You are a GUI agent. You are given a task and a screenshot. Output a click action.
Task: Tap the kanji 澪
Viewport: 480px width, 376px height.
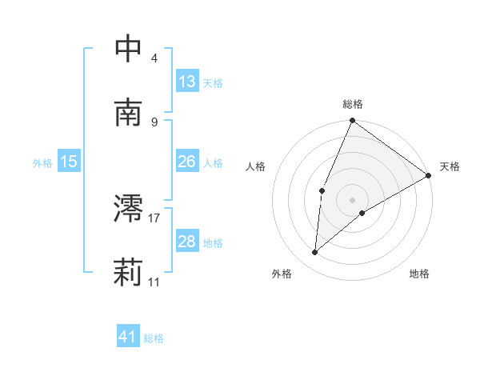click(129, 209)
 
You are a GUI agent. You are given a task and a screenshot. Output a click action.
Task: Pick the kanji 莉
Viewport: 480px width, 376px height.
click(129, 273)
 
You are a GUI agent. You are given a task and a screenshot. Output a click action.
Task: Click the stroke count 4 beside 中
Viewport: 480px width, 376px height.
click(154, 58)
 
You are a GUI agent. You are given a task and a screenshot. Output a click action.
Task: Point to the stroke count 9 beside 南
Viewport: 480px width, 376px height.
click(154, 122)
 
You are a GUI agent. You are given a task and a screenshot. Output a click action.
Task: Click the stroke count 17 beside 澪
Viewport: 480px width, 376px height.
click(154, 218)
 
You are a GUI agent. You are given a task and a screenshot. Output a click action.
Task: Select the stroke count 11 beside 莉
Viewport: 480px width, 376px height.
click(154, 282)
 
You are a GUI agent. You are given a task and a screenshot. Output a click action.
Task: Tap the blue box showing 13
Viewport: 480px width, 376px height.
click(187, 82)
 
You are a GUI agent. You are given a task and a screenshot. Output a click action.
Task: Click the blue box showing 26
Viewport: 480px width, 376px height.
click(187, 162)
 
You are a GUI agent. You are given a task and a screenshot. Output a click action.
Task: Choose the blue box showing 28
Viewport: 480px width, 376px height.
click(187, 242)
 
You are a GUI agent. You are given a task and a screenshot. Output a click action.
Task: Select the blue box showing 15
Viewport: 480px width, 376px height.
click(69, 162)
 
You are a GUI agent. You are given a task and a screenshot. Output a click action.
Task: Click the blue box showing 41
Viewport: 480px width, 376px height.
click(128, 337)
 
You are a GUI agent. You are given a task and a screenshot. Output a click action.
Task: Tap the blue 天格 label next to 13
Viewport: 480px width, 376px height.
click(213, 82)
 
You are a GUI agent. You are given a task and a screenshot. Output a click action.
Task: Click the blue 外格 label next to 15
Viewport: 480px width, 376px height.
click(42, 162)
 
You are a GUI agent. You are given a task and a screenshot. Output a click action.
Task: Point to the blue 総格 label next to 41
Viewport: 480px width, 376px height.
click(154, 338)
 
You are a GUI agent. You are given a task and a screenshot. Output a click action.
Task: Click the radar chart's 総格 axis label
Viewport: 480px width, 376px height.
click(353, 105)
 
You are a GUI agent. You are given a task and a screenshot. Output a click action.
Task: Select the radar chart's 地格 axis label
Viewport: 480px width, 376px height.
click(419, 274)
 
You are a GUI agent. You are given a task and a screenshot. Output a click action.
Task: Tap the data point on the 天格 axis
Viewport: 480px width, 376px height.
click(429, 175)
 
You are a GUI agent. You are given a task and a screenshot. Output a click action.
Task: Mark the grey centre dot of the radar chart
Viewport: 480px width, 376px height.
click(353, 199)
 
